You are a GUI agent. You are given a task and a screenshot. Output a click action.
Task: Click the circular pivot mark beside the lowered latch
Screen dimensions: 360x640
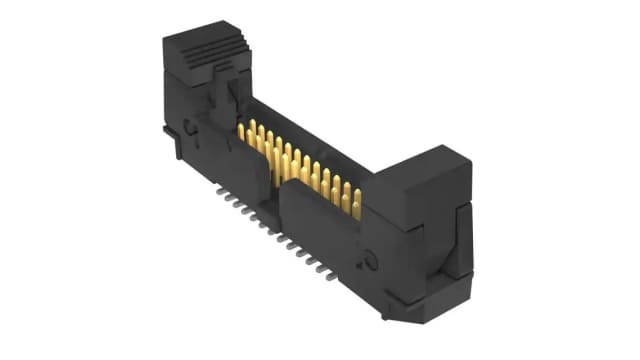pyautogui.click(x=373, y=262)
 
